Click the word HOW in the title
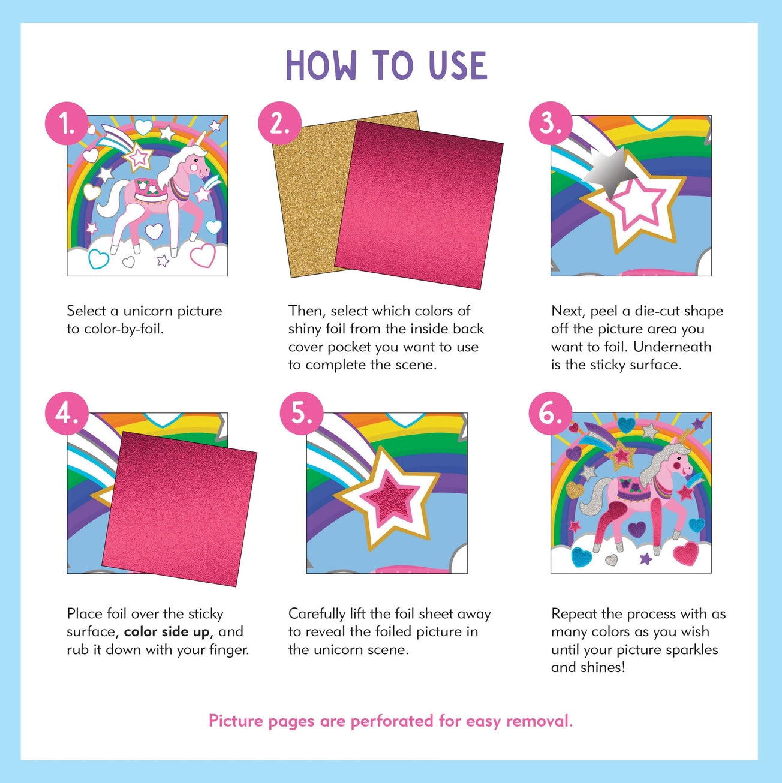tap(321, 65)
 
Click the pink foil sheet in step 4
tap(180, 507)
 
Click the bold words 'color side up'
tap(167, 632)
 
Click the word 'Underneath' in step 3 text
tap(672, 347)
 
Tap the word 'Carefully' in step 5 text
tap(317, 614)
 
